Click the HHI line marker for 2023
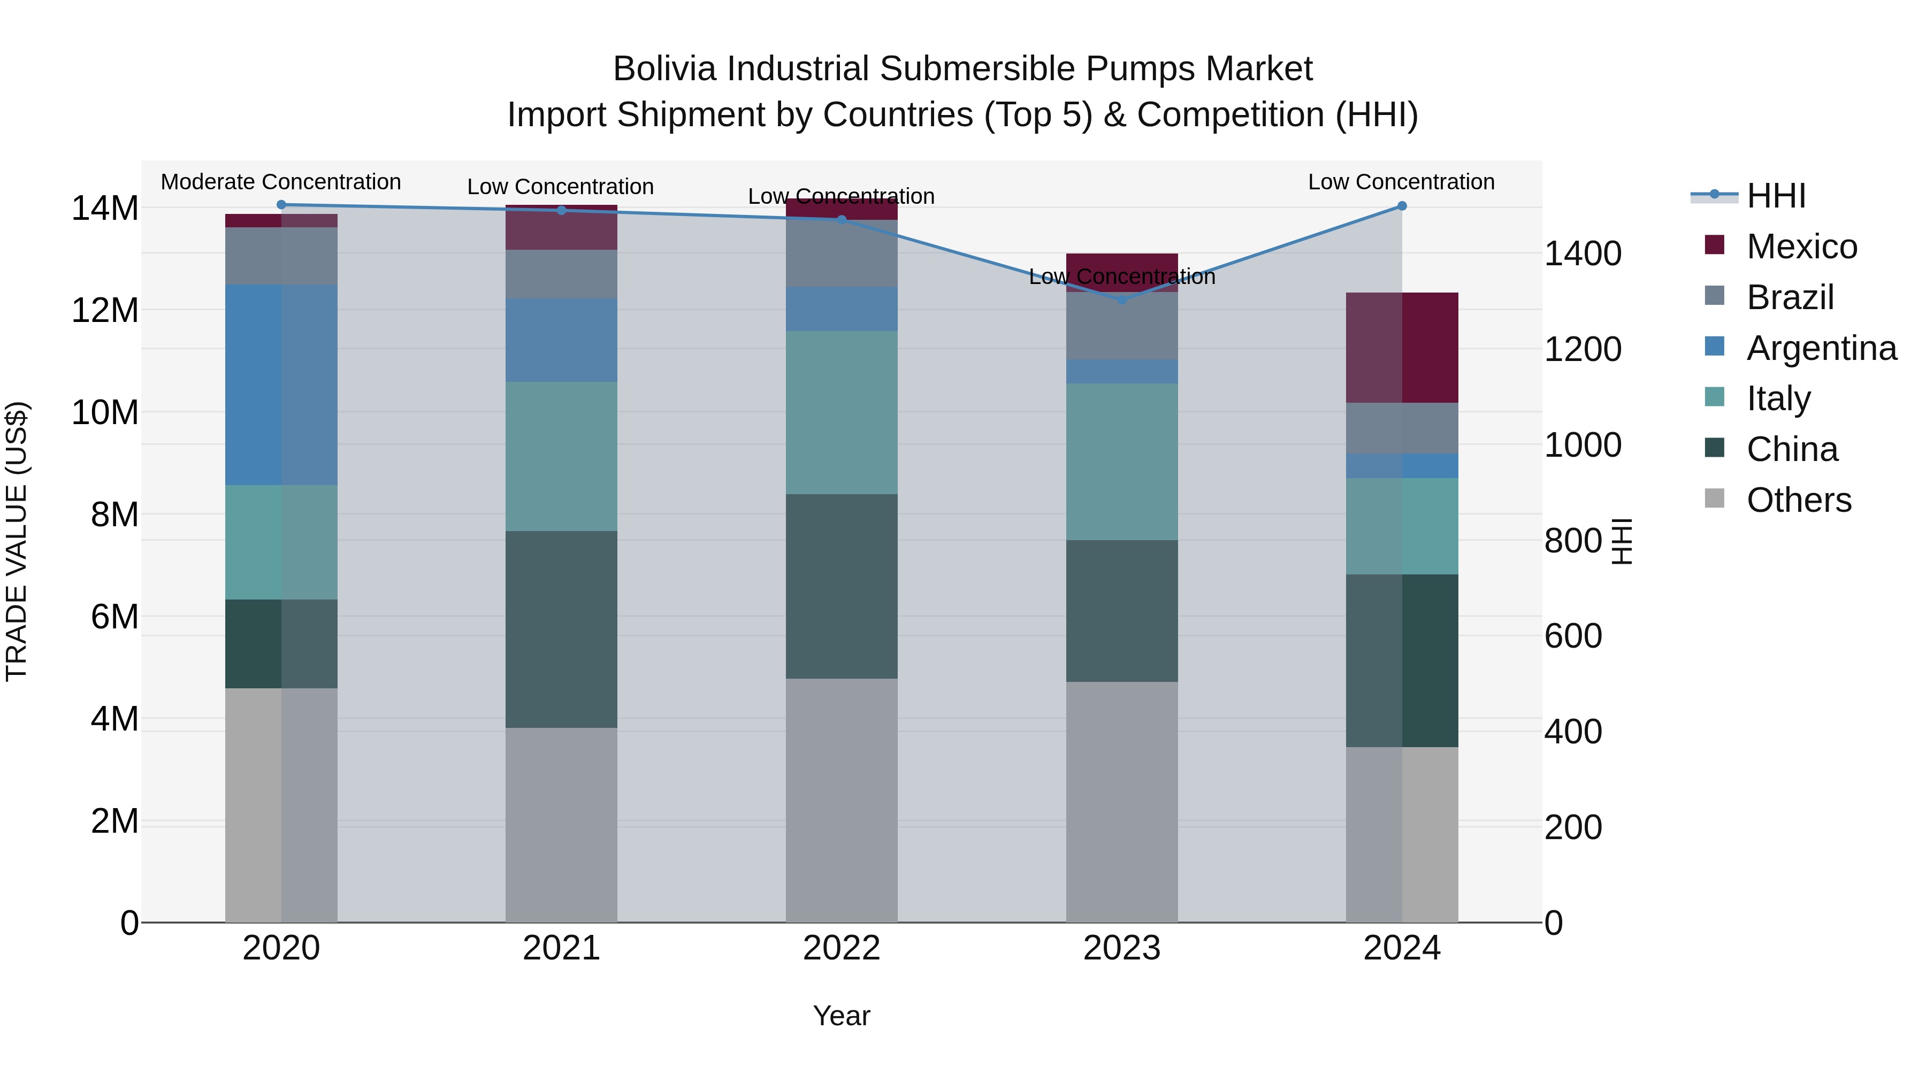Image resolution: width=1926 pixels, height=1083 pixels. [1121, 299]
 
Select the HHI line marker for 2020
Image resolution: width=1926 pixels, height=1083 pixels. [281, 205]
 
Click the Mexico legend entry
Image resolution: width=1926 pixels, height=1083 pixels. [1801, 247]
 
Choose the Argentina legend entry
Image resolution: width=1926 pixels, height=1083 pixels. [1821, 348]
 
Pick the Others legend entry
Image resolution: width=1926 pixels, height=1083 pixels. [1798, 500]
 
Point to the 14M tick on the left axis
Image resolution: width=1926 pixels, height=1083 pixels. [105, 209]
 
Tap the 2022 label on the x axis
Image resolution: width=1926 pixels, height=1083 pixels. [841, 948]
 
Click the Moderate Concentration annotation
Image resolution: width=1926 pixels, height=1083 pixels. [281, 182]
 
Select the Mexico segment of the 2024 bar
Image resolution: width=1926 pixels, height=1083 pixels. [1402, 348]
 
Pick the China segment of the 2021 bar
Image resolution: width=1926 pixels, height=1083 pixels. [562, 629]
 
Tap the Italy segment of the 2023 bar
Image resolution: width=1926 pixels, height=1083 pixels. [1121, 462]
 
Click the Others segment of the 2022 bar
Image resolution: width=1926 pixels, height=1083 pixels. [841, 800]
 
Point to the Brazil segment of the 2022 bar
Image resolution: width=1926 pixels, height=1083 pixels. [841, 254]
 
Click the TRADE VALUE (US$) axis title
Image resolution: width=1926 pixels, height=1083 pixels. [17, 541]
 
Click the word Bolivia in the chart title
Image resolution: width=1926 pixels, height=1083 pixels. [666, 70]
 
